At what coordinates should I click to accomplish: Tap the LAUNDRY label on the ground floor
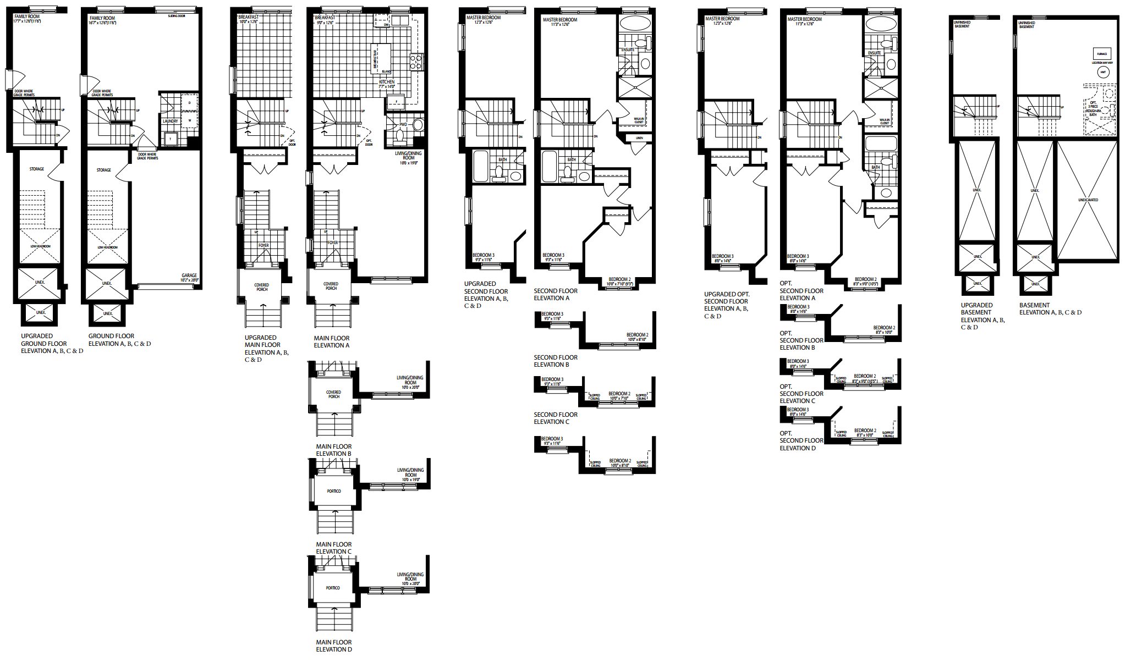[170, 121]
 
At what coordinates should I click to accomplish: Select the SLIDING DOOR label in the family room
[177, 16]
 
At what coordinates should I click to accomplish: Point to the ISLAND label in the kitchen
[386, 71]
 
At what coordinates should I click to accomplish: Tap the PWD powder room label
[403, 124]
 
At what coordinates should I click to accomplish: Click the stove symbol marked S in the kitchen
[416, 62]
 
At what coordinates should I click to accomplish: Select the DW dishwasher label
[386, 25]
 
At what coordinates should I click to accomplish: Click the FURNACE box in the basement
[1102, 54]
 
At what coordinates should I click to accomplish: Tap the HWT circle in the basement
[1103, 72]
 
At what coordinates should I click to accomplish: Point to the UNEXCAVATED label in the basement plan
[1088, 200]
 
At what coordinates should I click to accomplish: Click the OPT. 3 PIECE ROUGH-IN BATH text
[1093, 108]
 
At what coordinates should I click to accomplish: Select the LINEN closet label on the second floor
[639, 138]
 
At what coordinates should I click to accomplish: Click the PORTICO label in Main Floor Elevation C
[334, 491]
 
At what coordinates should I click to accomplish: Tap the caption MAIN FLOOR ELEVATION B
[333, 450]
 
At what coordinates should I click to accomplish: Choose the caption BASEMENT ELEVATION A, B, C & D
[1050, 309]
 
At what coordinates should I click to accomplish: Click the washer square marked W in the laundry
[190, 120]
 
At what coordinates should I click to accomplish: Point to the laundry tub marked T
[170, 139]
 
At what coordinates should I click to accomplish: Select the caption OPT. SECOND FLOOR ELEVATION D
[801, 441]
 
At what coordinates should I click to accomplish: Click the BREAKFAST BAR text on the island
[375, 59]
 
